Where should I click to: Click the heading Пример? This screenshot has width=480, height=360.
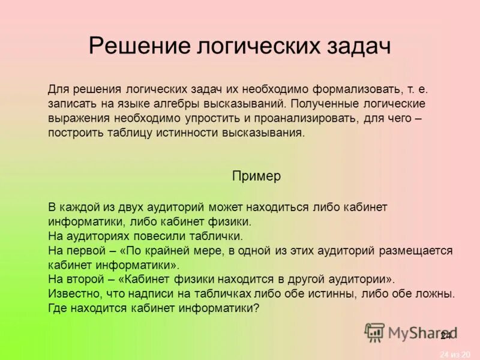256,176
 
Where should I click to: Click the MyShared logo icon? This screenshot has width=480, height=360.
374,332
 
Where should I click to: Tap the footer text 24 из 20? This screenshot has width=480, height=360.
455,354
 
